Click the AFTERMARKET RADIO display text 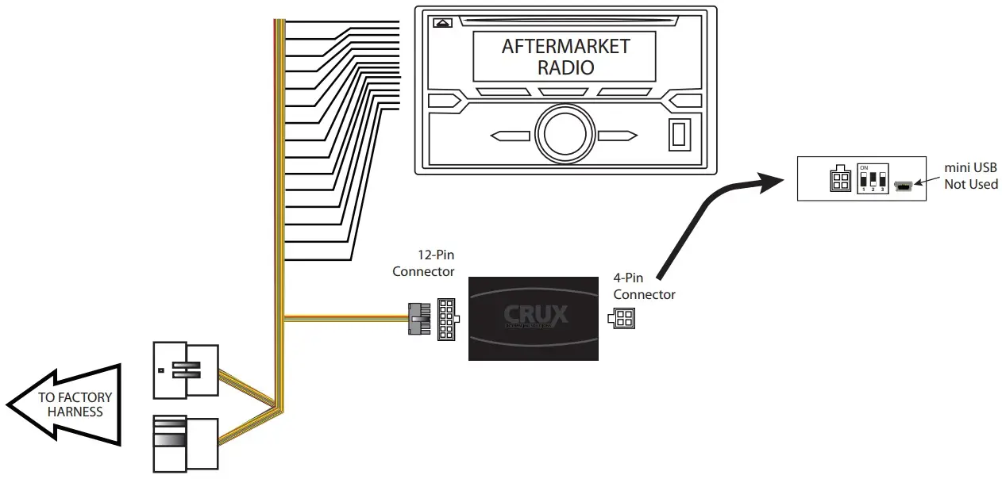pyautogui.click(x=565, y=56)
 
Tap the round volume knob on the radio pyautogui.click(x=565, y=135)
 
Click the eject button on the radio pyautogui.click(x=442, y=23)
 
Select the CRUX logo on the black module pyautogui.click(x=536, y=316)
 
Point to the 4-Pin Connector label pyautogui.click(x=644, y=286)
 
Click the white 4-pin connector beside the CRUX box pyautogui.click(x=622, y=319)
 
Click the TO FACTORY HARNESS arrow pyautogui.click(x=67, y=404)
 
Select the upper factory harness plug pyautogui.click(x=185, y=371)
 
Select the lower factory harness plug pyautogui.click(x=185, y=442)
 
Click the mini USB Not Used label pyautogui.click(x=970, y=176)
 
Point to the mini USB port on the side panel pyautogui.click(x=903, y=186)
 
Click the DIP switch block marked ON pyautogui.click(x=872, y=180)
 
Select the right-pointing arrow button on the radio pyautogui.click(x=619, y=136)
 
